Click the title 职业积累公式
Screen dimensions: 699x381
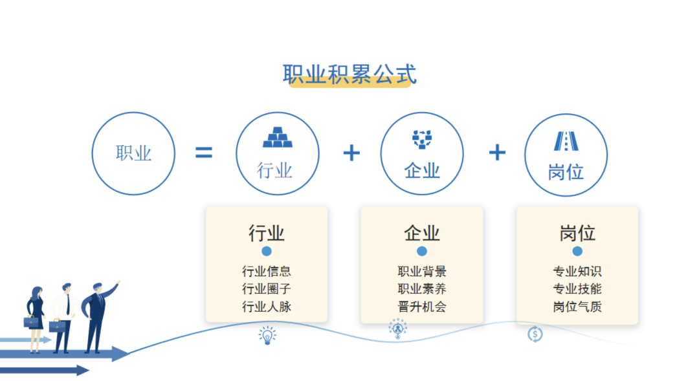click(350, 74)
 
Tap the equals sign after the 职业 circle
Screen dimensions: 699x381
click(204, 153)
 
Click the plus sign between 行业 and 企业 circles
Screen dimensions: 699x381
click(351, 153)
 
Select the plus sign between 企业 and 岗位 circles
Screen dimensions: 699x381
click(497, 153)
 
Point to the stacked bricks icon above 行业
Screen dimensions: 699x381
click(278, 137)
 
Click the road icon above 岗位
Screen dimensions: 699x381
click(566, 141)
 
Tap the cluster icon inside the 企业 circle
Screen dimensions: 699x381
click(422, 139)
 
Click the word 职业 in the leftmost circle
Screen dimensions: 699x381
click(133, 153)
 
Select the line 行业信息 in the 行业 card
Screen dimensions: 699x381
click(267, 271)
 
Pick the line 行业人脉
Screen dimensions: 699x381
click(267, 307)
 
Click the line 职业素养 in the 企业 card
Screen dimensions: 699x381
click(422, 288)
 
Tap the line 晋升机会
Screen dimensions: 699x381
click(422, 307)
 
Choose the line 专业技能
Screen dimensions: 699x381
click(577, 288)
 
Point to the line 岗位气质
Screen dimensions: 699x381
click(577, 307)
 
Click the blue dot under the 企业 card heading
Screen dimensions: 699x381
click(422, 252)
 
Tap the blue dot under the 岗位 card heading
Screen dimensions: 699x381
click(577, 252)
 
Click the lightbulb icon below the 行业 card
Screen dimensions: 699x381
click(267, 336)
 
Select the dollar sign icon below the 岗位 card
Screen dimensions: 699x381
click(535, 334)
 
